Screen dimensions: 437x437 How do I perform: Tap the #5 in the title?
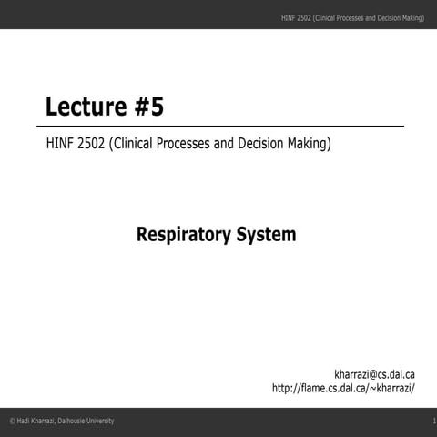[151, 107]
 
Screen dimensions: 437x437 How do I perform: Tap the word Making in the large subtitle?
[310, 143]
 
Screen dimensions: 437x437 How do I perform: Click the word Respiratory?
[183, 235]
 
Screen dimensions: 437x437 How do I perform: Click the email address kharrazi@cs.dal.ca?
[375, 373]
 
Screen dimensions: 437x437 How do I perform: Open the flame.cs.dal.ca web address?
[344, 389]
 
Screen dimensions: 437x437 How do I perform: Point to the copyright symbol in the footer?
[12, 420]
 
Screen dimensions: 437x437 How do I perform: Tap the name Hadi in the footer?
[24, 420]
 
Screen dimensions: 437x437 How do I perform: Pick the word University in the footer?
[104, 420]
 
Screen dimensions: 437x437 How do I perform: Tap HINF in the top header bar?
[290, 18]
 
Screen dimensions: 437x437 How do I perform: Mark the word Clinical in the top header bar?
[328, 18]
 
